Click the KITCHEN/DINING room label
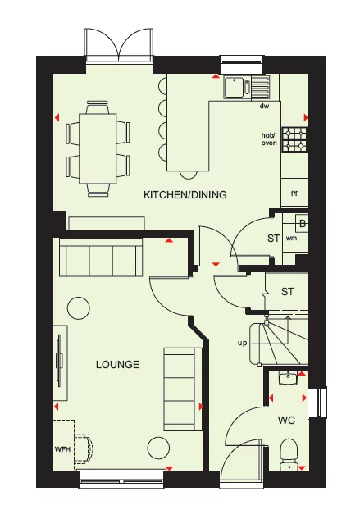coord(185,194)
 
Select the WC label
coord(285,421)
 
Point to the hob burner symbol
coord(294,139)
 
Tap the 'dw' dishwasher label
coord(264,107)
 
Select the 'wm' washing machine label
coord(291,239)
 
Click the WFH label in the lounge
coord(63,449)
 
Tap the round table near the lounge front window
coord(157,448)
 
